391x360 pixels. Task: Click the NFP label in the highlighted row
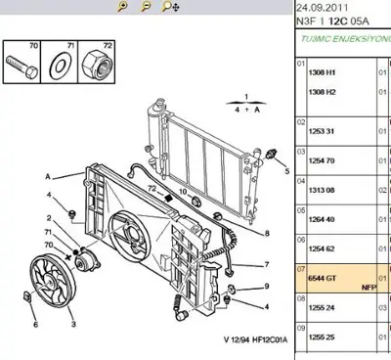click(x=369, y=289)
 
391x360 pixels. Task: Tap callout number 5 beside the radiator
click(x=287, y=170)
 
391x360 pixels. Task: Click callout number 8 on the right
click(x=266, y=233)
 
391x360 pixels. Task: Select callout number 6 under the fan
click(x=35, y=324)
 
